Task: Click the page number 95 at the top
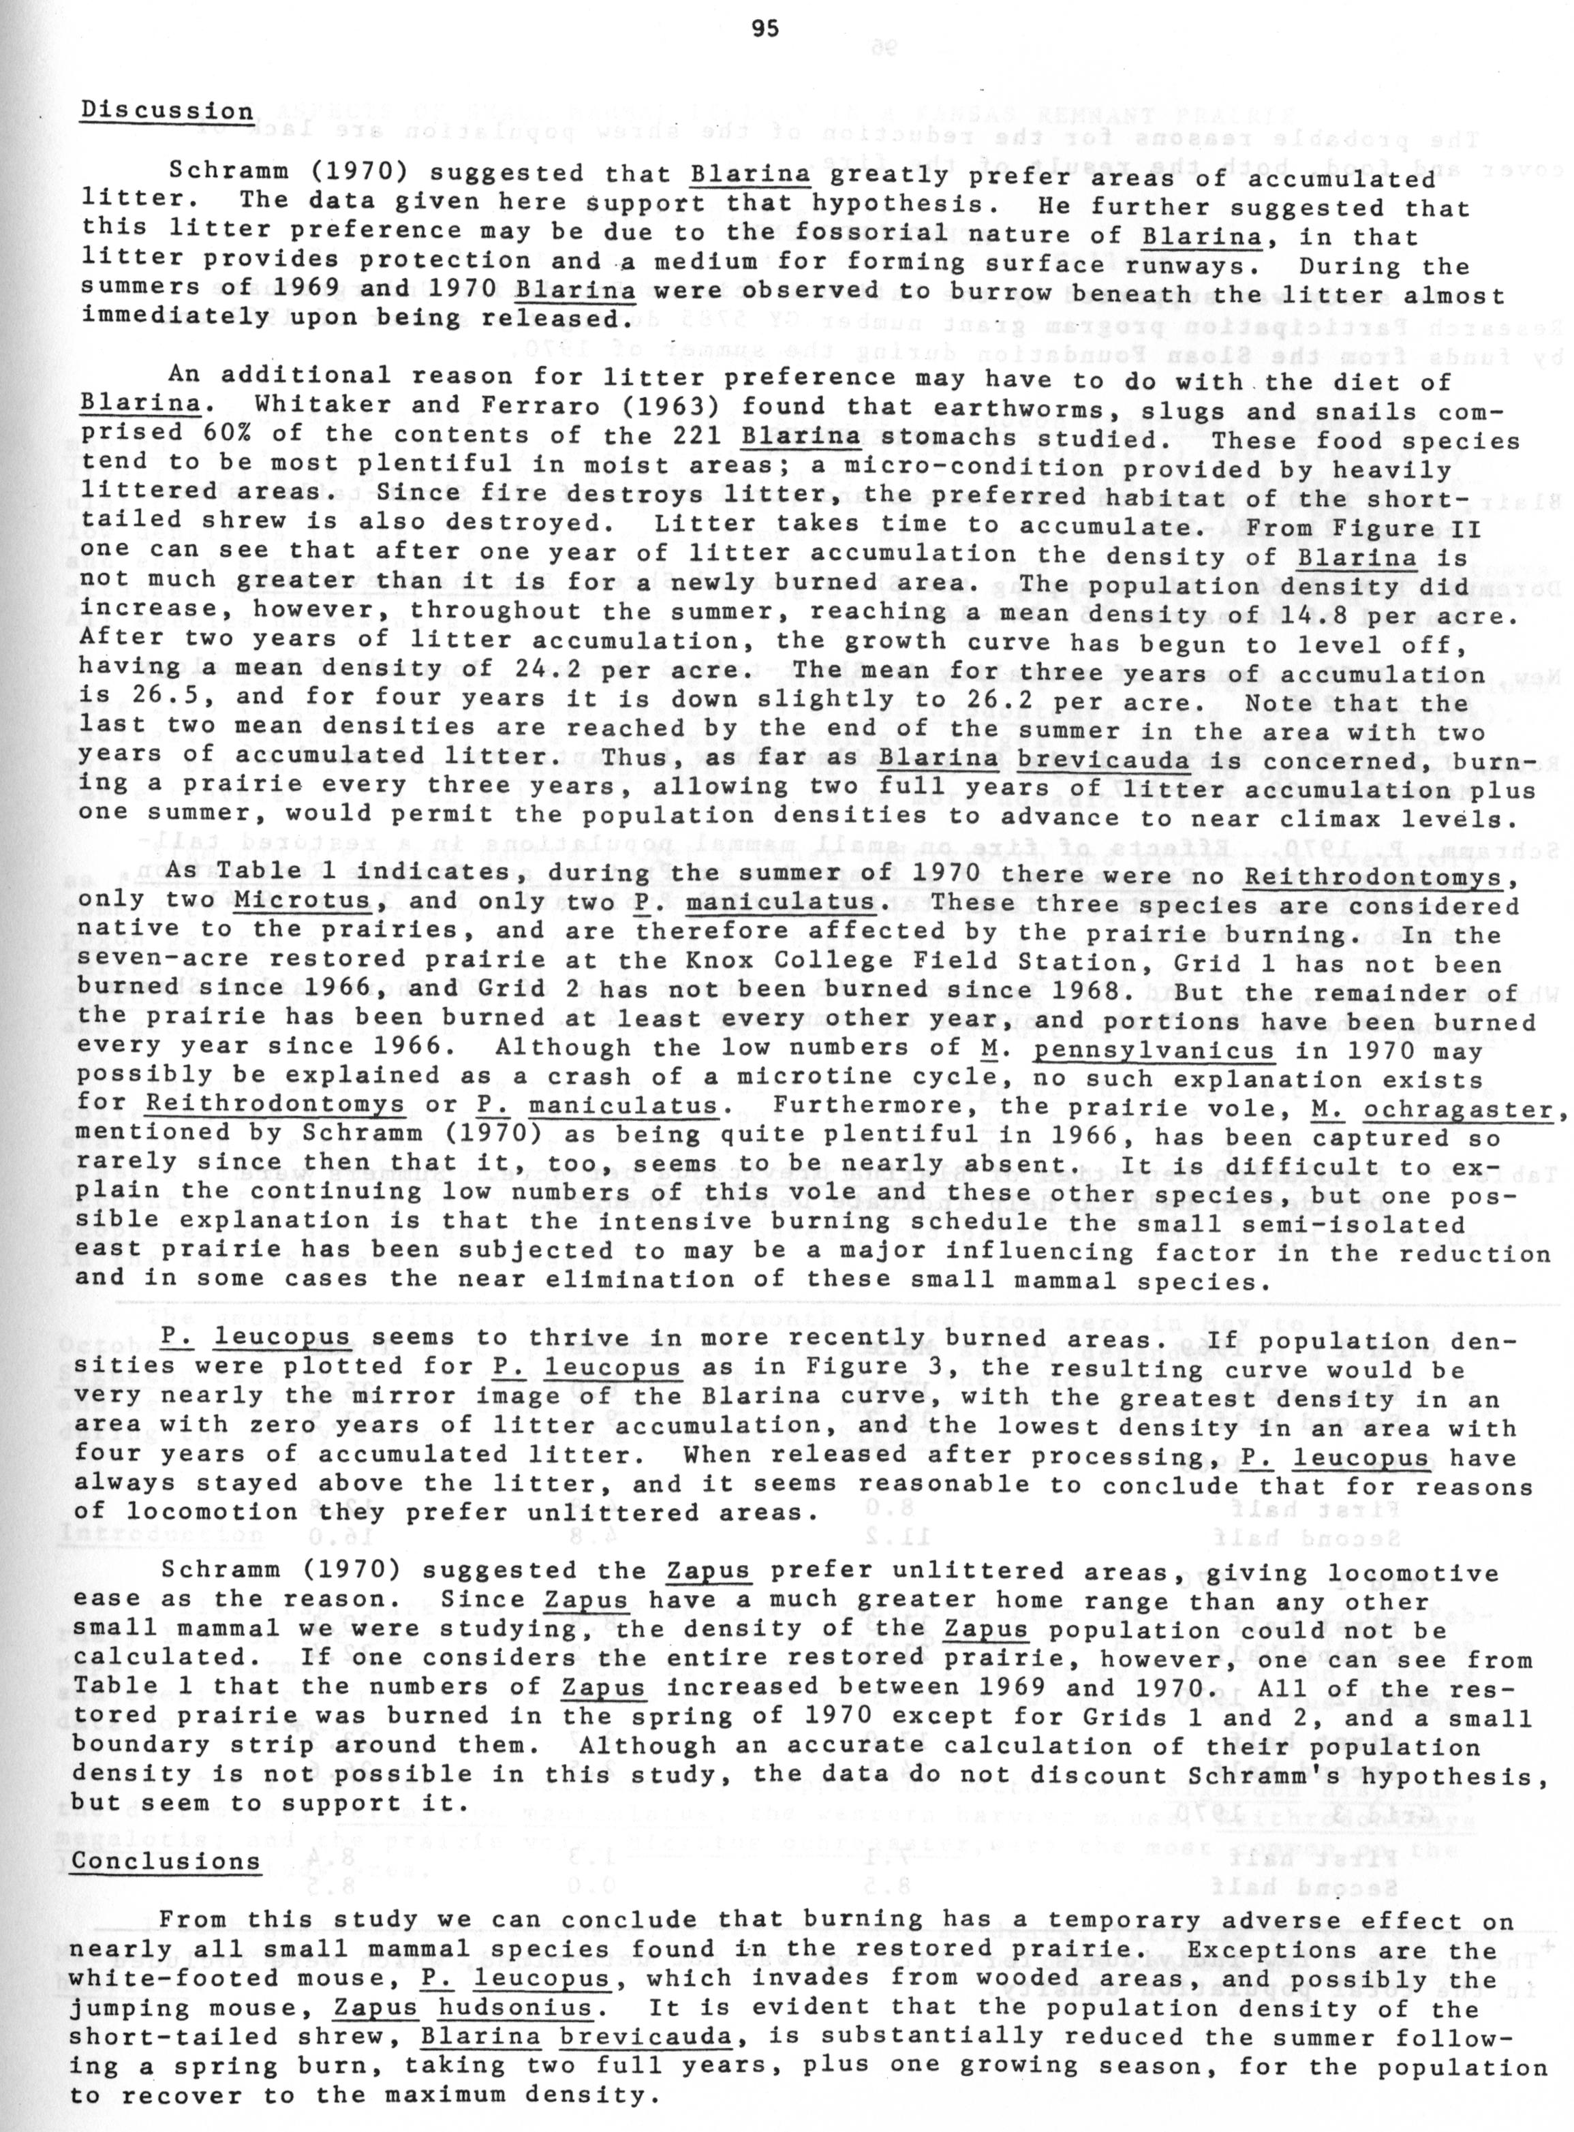click(765, 29)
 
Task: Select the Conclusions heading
click(167, 1861)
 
